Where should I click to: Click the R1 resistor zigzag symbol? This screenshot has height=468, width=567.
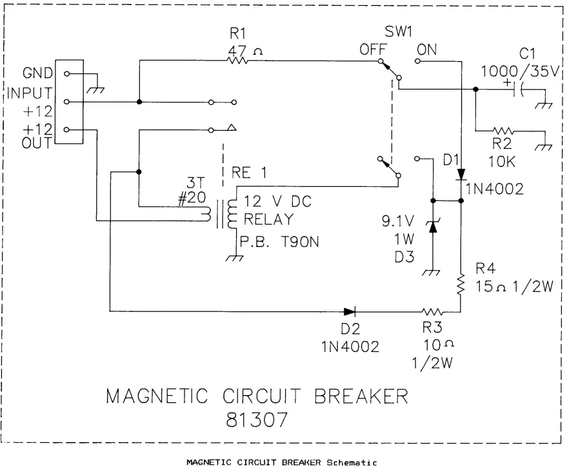[x=238, y=61]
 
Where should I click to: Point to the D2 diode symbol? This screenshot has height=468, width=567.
[x=350, y=310]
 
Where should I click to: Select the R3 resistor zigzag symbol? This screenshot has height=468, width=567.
[x=430, y=310]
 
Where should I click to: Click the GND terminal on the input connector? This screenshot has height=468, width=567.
[x=66, y=74]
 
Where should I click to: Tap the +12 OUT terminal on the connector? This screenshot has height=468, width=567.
[x=66, y=130]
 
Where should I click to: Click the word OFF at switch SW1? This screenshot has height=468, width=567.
[x=372, y=50]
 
